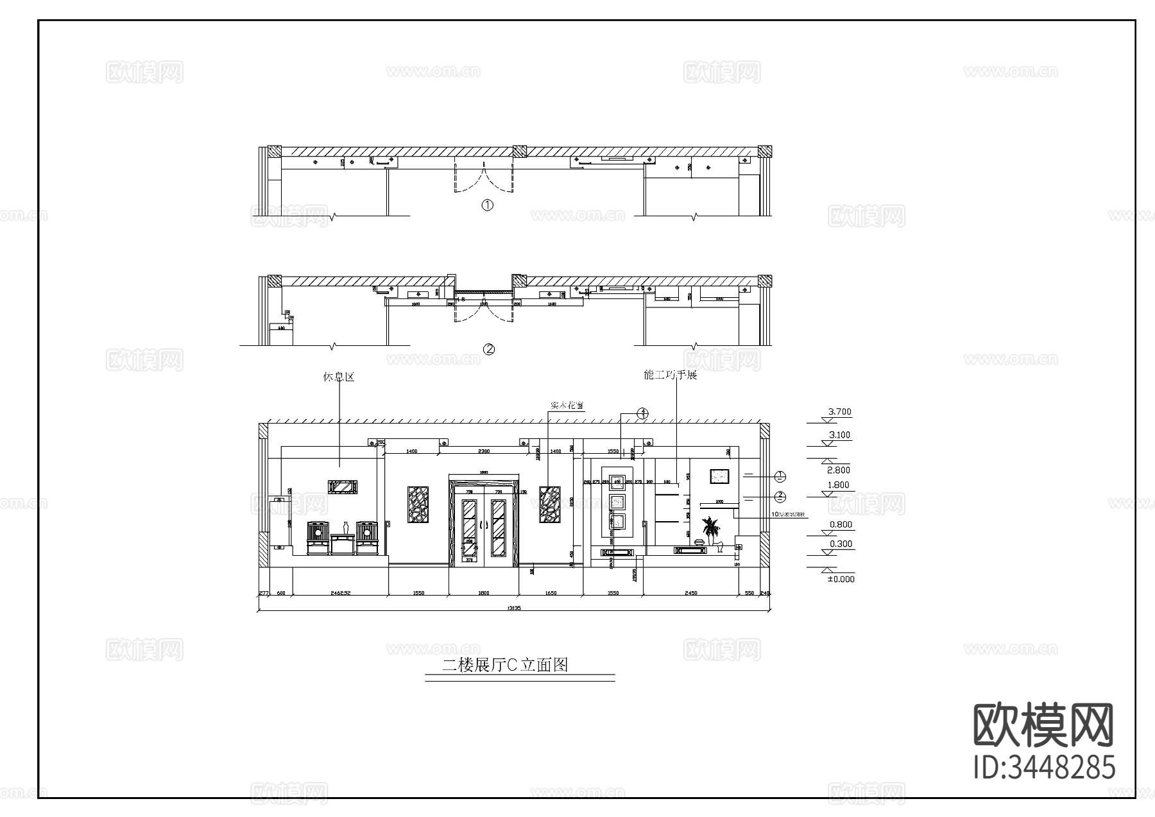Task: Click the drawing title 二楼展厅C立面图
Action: (506, 665)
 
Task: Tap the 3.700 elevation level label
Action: (839, 412)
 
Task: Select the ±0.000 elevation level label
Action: (841, 579)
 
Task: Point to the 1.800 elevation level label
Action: (839, 485)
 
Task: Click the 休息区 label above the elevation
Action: (338, 377)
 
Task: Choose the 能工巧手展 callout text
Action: (670, 375)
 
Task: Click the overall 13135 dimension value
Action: (513, 608)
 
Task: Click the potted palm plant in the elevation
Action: (710, 531)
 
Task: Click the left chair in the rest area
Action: (317, 538)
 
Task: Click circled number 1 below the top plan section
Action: (488, 205)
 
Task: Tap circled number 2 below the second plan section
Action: (489, 350)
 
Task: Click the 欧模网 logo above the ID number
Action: (1044, 725)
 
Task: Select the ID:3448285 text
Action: (1044, 768)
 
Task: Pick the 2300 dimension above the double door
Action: (484, 452)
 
